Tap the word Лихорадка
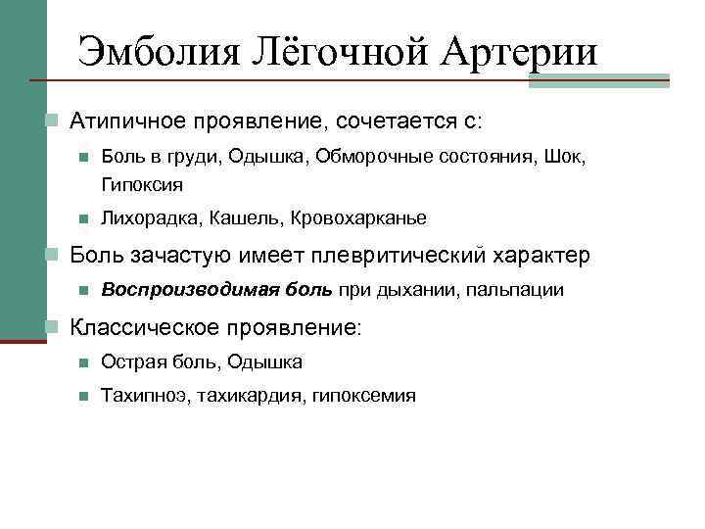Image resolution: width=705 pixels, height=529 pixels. [x=150, y=217]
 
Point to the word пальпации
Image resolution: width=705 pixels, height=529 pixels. [x=515, y=290]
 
